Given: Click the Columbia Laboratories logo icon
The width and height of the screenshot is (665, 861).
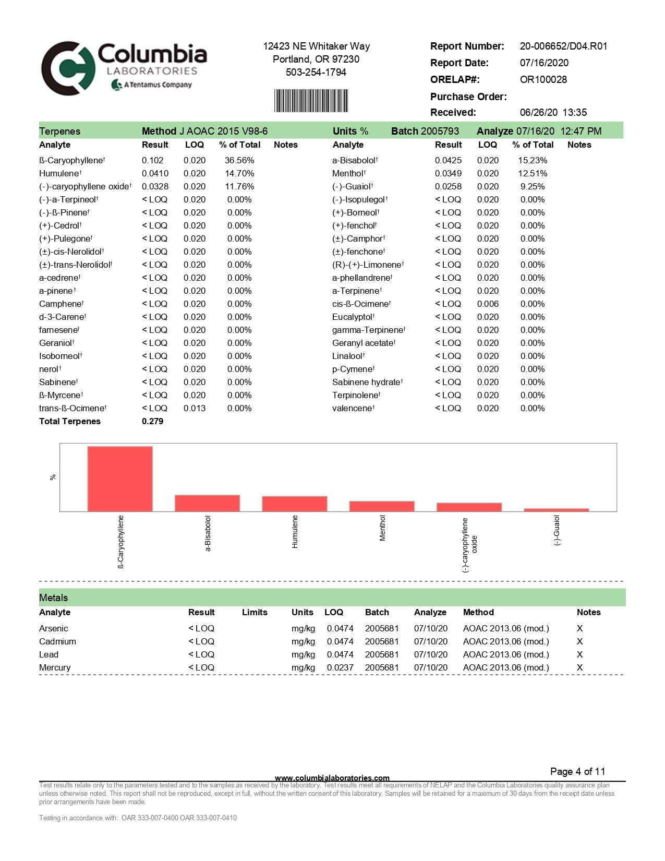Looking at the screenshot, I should coord(68,68).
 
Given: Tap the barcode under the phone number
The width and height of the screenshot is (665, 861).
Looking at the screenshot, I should coord(311,101).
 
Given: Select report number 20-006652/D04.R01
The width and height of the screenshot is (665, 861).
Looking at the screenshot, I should coord(563,46).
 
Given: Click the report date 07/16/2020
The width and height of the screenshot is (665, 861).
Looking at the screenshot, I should coord(544,63).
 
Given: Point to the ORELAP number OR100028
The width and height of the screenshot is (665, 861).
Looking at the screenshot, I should coord(543,80).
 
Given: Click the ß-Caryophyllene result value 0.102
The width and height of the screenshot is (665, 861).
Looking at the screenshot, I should coord(152,161).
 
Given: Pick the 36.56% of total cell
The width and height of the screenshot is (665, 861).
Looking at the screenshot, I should coord(239,161).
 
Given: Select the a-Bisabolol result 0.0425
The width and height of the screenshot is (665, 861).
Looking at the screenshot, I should coord(448,161).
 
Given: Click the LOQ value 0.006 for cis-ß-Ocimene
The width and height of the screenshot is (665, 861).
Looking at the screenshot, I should coord(488,304).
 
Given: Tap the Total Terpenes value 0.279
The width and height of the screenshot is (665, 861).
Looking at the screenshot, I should coord(152,422).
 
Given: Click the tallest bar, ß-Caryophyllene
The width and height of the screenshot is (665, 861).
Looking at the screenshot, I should coord(120,479).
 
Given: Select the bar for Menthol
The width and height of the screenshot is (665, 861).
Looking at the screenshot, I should coord(382,506).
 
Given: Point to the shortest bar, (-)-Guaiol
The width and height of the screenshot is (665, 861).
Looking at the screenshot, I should coord(556,510).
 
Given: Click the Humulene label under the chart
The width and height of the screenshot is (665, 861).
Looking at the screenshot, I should coord(295,532).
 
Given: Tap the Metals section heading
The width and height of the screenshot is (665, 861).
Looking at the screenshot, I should coord(54,598).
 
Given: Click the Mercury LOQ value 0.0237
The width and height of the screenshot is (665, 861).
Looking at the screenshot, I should coord(340,668).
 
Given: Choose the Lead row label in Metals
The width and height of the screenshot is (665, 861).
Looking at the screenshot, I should coord(49,655).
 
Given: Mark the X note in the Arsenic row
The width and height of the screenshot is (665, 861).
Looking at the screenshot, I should coord(579,629).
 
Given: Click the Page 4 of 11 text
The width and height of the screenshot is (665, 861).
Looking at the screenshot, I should coord(577,772).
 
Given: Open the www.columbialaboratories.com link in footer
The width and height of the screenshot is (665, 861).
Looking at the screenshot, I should coord(332,778).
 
